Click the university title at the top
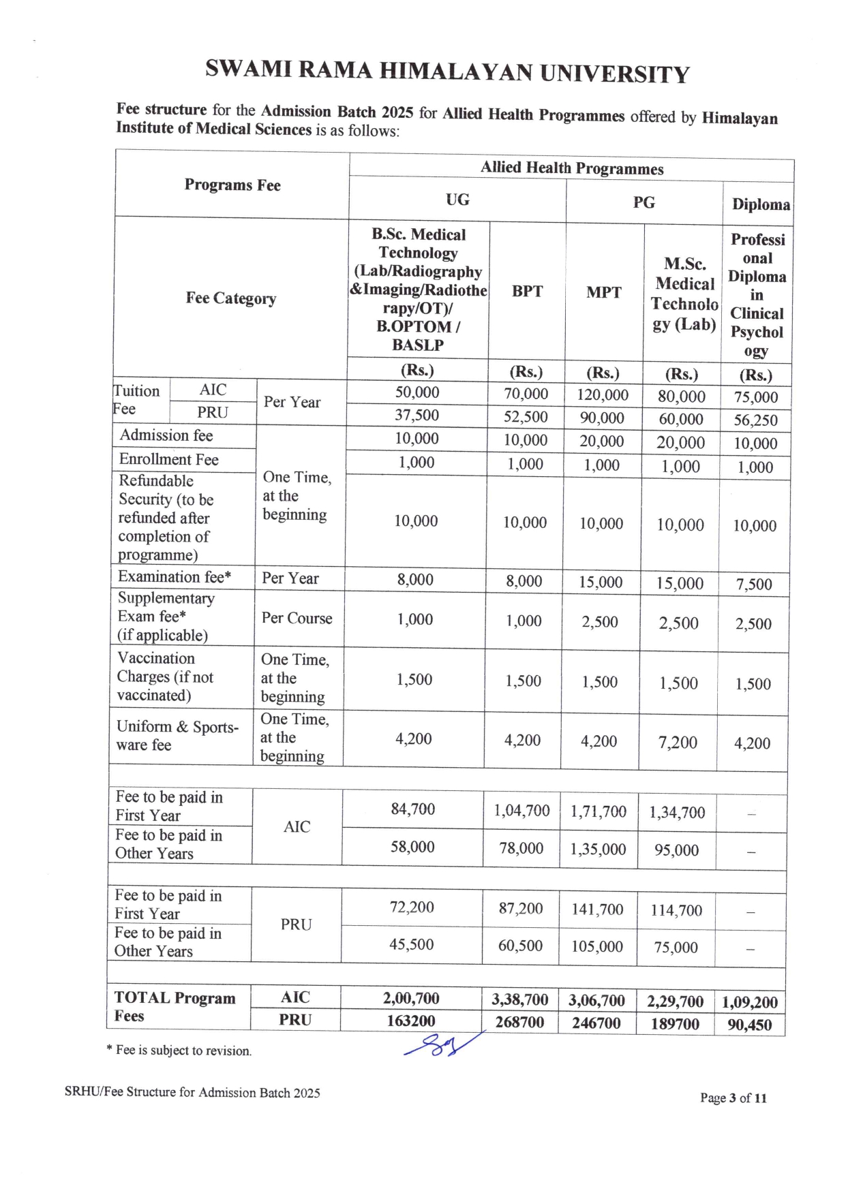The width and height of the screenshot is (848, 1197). point(447,72)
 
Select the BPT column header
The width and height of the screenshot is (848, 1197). point(528,291)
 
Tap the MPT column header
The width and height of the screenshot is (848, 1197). point(604,292)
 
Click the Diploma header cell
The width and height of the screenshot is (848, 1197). point(761,204)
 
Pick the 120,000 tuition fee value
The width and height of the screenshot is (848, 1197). point(603,394)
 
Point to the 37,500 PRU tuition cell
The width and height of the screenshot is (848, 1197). point(417,415)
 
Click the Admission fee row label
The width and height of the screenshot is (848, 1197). point(166,435)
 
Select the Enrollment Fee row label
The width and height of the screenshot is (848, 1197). point(168,459)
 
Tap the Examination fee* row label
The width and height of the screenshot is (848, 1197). point(175,577)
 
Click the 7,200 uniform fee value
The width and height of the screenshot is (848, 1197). point(678,742)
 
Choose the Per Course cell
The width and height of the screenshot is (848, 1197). point(297,618)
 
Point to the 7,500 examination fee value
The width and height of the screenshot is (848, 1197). point(754,584)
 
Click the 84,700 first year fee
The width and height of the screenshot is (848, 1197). point(413,809)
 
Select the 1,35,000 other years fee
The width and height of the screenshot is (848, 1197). point(599,849)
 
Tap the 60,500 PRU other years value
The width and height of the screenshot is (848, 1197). point(521,946)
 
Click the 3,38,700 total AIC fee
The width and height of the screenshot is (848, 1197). point(520,999)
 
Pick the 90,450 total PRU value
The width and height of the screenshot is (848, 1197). point(750,1025)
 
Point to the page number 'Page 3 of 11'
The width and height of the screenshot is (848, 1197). point(733,1098)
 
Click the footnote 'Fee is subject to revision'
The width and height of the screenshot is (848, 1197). point(183,1051)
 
